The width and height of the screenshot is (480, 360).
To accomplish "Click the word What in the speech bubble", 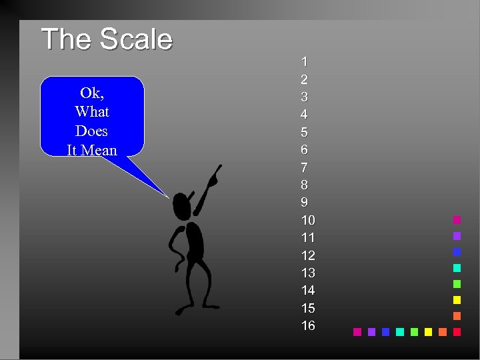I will [x=92, y=112].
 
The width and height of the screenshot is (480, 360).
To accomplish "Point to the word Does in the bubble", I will [x=91, y=131].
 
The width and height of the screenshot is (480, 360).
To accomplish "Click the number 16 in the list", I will [x=308, y=326].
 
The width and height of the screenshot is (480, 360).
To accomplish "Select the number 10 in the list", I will [x=308, y=220].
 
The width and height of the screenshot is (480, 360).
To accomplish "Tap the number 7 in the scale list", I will [x=305, y=167].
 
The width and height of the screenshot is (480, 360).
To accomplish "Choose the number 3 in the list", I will [x=305, y=97].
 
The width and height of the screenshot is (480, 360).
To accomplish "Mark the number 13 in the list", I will [x=308, y=273].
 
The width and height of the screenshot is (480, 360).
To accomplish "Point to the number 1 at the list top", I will [x=305, y=62].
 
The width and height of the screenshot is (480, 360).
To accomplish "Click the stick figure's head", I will [x=181, y=206].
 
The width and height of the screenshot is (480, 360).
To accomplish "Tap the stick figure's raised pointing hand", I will [x=213, y=178].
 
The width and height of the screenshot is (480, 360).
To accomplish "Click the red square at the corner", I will [x=457, y=331].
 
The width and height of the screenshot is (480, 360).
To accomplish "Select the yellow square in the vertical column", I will [x=457, y=300].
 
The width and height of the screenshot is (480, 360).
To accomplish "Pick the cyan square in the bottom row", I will [x=400, y=331].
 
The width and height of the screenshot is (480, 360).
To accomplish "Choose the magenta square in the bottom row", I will [x=357, y=331].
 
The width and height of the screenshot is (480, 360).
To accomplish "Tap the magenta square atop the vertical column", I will [x=457, y=220].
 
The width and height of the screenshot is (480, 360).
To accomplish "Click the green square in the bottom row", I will [x=414, y=331].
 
